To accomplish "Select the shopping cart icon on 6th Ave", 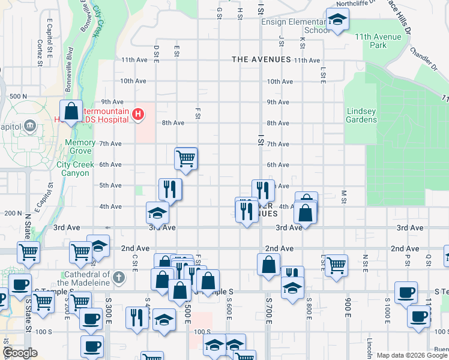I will click(x=186, y=159).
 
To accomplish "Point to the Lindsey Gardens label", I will click(x=361, y=115).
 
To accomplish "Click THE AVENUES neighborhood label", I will click(x=261, y=59).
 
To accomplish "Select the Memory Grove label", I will click(x=80, y=147).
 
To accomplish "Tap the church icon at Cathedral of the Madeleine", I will click(x=119, y=278).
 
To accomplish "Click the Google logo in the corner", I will click(x=20, y=353).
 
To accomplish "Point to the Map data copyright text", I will click(x=412, y=355).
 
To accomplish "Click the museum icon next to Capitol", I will click(x=31, y=125).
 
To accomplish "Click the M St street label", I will click(x=344, y=197).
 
